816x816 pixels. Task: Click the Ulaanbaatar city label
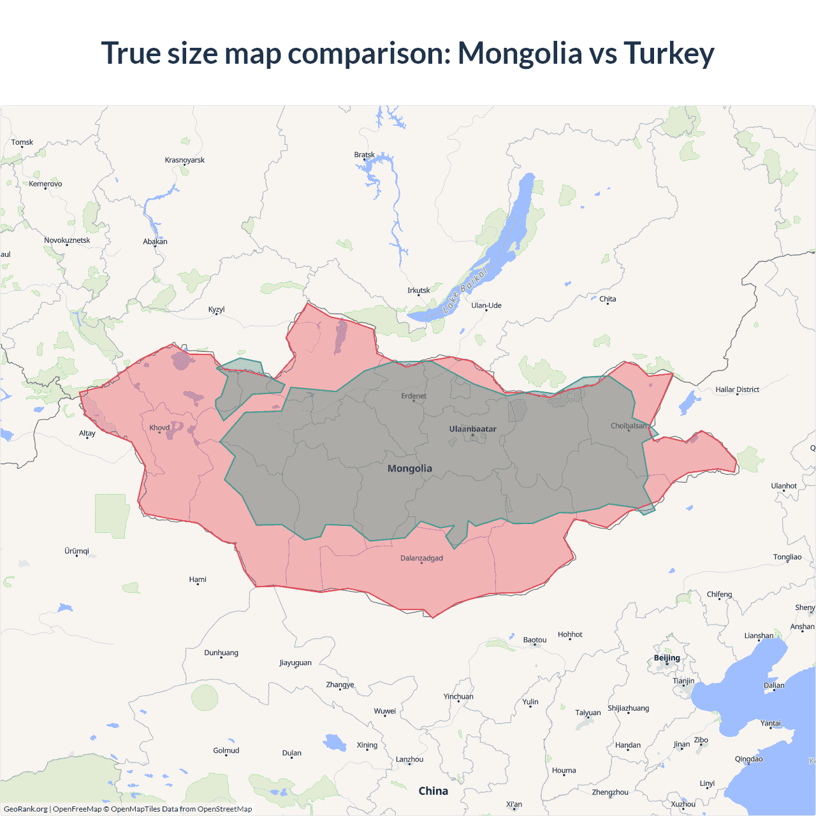coord(472,429)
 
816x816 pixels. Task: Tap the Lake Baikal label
coord(465,290)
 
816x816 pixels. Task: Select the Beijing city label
coord(667,658)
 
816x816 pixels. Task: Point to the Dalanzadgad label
coord(421,558)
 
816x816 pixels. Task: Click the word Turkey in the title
coord(669,53)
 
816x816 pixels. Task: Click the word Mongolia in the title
coord(520,53)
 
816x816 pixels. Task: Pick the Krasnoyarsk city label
coord(184,160)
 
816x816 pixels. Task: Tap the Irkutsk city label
coord(419,291)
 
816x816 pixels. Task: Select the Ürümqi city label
coord(76,551)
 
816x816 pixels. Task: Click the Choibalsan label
coord(629,426)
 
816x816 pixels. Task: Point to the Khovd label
coord(159,428)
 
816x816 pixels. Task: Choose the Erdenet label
coord(414,396)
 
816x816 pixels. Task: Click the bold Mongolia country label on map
coord(410,469)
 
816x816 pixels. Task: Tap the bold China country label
coord(433,791)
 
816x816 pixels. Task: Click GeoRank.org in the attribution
coord(25,809)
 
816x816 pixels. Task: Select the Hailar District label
coord(737,390)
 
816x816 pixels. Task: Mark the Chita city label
coord(608,299)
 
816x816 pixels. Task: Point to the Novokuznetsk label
coord(67,240)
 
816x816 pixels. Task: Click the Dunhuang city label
coord(221,653)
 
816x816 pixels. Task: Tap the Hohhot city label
coord(570,635)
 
